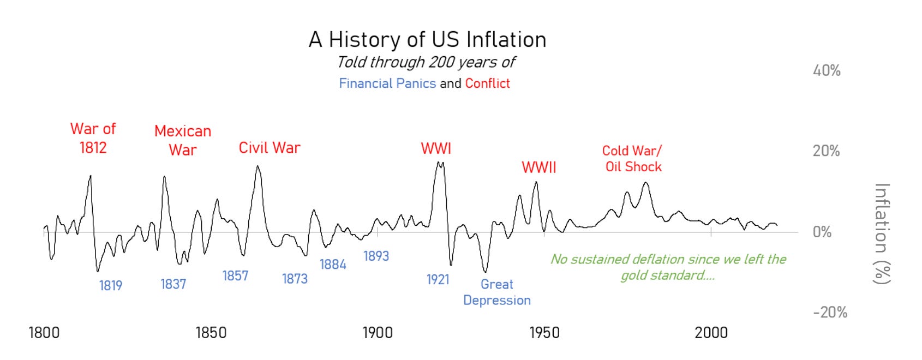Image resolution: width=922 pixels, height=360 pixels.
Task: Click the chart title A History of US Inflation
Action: coord(427,40)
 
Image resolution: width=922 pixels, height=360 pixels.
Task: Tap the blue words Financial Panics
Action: coord(387,83)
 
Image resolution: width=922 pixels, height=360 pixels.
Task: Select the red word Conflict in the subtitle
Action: coord(487,83)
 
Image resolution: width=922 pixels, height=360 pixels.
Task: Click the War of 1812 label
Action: coord(93,138)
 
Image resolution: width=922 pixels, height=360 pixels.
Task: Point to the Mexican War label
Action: coord(182,140)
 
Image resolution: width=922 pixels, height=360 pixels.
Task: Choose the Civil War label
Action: coord(270,148)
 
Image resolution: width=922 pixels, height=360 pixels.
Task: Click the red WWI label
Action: coord(436,148)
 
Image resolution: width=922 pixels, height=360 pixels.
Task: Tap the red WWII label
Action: coord(539,167)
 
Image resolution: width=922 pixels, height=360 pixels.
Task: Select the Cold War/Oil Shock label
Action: coord(633,159)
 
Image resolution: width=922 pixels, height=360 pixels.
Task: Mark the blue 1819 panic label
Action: coord(111,285)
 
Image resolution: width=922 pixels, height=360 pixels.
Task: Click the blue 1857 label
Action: coord(235,276)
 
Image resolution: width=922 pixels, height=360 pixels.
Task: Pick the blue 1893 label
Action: coord(376,256)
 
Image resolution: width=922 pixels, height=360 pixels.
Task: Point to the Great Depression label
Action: coord(496,292)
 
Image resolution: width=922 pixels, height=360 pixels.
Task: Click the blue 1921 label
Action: coord(438,280)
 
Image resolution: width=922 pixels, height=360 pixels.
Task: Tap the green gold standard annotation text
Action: coord(668,267)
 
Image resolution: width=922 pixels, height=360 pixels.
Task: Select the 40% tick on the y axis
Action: coord(827,70)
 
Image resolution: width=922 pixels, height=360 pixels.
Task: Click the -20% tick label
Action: coord(830,313)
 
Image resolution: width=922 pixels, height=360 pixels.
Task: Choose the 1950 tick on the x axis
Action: coord(544,333)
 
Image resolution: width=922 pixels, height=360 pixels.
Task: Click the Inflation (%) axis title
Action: coord(882,233)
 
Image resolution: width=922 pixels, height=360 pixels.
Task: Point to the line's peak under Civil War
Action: coord(258,166)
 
